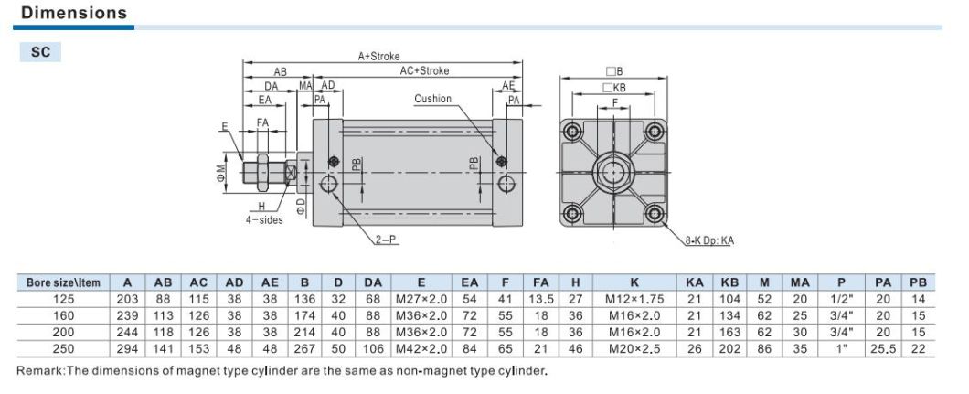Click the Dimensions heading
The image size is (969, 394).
(x=73, y=14)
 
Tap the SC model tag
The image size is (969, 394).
(x=40, y=53)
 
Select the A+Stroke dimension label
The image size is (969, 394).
(x=378, y=57)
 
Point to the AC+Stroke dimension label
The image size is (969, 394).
(x=424, y=70)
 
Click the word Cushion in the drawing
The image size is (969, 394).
(x=432, y=99)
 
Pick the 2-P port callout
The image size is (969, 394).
(x=386, y=240)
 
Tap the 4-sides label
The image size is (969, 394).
(x=264, y=219)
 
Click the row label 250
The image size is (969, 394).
(x=64, y=348)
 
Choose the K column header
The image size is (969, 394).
(x=634, y=283)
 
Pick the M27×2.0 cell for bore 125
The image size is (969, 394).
(x=421, y=299)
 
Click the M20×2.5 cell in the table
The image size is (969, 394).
(x=634, y=348)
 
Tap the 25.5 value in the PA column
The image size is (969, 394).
(x=882, y=348)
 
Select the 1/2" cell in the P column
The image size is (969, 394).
(x=841, y=299)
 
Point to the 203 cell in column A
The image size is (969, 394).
(x=128, y=299)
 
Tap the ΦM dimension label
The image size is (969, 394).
(x=221, y=170)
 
